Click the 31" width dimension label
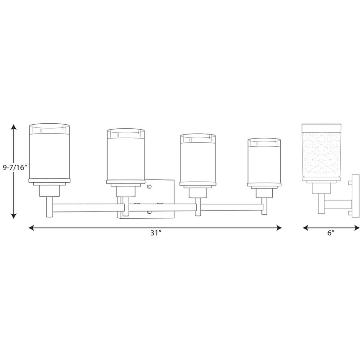pos(156,233)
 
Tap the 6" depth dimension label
pos(331,233)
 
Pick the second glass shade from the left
pos(126,154)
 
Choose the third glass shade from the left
pos(198,158)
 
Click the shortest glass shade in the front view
pos(264,161)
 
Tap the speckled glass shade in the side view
pos(321,151)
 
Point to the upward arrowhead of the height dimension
pos(14,127)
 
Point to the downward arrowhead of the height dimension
pos(14,216)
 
